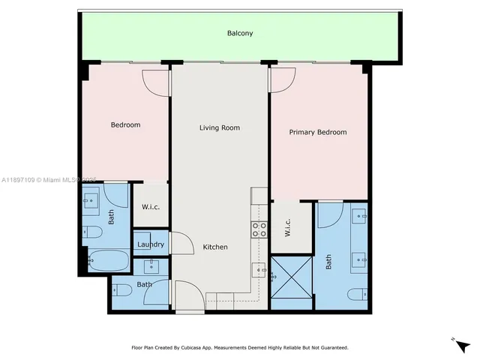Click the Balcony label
(240, 33)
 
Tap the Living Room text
(219, 127)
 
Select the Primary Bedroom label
(318, 132)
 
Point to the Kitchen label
(215, 247)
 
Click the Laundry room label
(151, 244)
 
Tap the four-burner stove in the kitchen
(259, 229)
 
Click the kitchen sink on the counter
(259, 268)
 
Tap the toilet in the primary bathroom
(357, 295)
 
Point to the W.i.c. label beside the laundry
(151, 207)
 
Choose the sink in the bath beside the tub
(92, 200)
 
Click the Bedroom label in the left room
(125, 124)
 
